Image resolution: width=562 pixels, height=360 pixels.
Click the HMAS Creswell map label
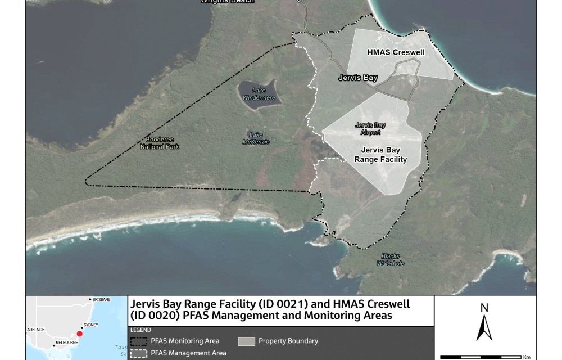(x=396, y=53)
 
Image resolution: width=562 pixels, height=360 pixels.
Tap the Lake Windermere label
(x=259, y=94)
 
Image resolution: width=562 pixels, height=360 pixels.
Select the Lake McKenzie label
(x=256, y=138)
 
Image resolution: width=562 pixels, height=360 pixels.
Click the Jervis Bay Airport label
(x=370, y=129)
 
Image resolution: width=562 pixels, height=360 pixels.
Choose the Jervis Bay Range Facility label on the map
(x=380, y=155)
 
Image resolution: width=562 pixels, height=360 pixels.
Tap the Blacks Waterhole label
(x=391, y=259)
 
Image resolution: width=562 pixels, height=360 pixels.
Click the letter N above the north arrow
(x=484, y=308)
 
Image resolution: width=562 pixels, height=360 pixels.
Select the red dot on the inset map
(x=79, y=334)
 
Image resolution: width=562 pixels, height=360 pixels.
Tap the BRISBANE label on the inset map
(x=102, y=299)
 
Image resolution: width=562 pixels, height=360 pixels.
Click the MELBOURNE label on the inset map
(x=66, y=343)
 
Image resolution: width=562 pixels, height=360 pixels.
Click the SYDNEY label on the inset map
(x=90, y=325)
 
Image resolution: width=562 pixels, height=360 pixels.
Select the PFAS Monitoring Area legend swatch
(x=139, y=341)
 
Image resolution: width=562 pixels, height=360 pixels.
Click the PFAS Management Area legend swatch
(x=139, y=353)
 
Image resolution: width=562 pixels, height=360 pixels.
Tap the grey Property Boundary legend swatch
(x=246, y=341)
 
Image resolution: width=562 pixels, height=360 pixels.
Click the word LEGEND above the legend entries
(x=140, y=330)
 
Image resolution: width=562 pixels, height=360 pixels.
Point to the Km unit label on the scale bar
(x=526, y=357)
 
